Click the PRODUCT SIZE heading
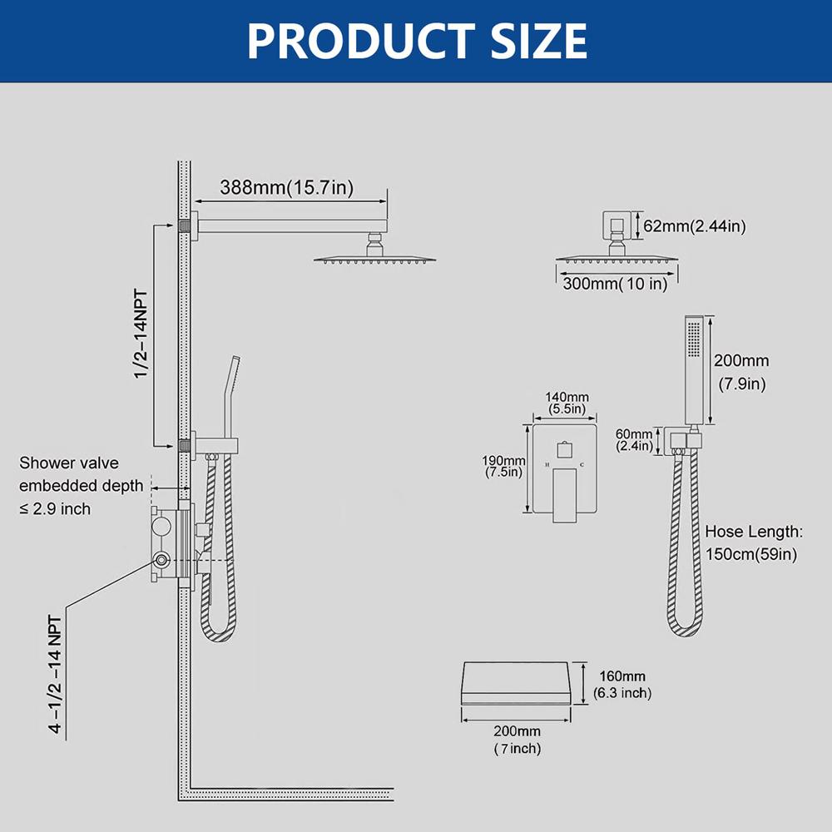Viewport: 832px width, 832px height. [x=417, y=39]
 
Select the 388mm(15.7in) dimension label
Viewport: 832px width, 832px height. [x=286, y=188]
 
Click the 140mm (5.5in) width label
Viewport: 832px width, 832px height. [x=566, y=404]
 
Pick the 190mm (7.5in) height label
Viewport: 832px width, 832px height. [x=503, y=467]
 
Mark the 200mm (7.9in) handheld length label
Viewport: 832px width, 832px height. [x=742, y=372]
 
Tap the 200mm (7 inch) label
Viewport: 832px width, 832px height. [x=516, y=740]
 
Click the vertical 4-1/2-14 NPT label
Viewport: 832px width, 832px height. [x=55, y=674]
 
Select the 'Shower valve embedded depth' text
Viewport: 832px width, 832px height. [x=70, y=485]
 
